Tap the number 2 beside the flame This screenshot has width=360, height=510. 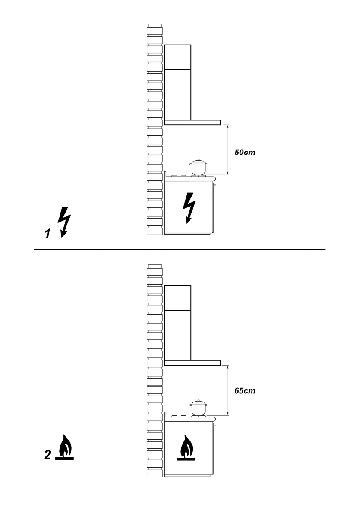48,455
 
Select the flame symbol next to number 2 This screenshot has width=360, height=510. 64,447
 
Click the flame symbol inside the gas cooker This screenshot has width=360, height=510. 186,447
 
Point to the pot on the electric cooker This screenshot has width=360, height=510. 198,168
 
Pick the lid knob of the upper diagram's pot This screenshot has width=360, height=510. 198,159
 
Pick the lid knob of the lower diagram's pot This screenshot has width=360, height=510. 198,400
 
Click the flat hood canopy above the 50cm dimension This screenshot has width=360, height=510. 192,123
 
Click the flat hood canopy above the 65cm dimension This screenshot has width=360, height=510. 192,363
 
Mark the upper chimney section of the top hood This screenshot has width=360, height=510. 177,57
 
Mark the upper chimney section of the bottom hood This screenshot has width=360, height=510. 177,297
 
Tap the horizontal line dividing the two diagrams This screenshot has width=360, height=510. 180,249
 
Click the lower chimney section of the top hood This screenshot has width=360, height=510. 177,94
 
